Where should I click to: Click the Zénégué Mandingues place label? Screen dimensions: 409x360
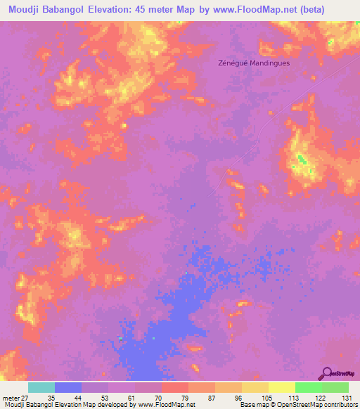tap(254, 63)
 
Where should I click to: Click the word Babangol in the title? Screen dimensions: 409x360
tap(70, 9)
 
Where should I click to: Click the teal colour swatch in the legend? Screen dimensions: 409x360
tap(41, 387)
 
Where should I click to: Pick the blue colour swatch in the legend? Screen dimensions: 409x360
tap(68, 387)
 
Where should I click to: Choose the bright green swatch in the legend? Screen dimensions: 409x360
tap(309, 387)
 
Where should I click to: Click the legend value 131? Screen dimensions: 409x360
tap(347, 397)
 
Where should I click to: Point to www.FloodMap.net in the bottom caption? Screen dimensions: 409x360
tap(167, 405)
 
